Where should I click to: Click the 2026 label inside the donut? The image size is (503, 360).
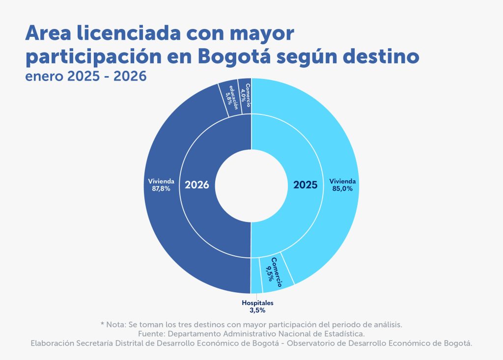click(x=197, y=185)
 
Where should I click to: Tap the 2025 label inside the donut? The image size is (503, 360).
click(x=306, y=185)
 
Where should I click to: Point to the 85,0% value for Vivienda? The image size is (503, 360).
click(x=342, y=188)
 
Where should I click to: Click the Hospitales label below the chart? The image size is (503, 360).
click(x=257, y=303)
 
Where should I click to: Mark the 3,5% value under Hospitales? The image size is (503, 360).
click(x=257, y=310)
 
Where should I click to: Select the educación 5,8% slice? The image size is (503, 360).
click(x=230, y=98)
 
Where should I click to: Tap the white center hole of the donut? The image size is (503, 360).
click(x=251, y=185)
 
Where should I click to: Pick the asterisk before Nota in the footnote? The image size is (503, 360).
click(x=102, y=325)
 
